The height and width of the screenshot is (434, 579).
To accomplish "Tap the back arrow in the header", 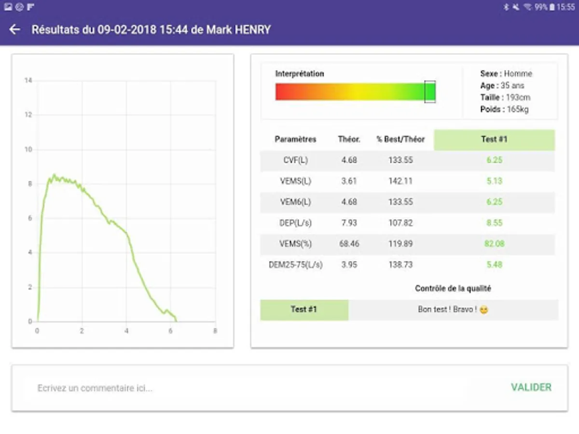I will coord(15,29).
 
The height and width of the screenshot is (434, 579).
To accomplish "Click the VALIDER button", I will coord(531,387).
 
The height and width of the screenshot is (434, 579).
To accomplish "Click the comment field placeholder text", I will coord(95,388).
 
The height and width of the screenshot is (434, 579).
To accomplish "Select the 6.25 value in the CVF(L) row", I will coord(494,160).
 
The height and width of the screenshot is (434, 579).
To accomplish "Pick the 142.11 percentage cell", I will coord(400,181).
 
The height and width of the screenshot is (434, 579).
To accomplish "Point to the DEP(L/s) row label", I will coord(295,223).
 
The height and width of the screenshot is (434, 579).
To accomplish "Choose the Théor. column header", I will coord(349,139).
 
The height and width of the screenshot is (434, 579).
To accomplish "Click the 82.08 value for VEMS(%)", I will coord(494,244).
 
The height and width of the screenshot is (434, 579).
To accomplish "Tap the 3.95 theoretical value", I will coord(349,265).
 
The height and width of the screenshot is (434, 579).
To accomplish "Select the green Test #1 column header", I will coord(494,139).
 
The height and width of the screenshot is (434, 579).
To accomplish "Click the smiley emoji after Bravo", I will coord(484,310).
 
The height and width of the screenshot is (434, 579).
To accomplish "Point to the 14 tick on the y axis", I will coord(28,81).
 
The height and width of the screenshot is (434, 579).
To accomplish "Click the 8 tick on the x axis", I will coord(215,331).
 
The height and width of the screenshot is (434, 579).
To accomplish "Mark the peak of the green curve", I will coord(54,175).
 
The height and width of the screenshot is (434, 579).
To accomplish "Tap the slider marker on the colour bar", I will coord(430,92).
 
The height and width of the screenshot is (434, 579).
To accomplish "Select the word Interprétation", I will coord(300,74).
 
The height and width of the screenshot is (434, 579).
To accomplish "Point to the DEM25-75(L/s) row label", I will coord(295,265).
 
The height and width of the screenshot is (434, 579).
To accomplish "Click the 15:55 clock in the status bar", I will coord(565,7).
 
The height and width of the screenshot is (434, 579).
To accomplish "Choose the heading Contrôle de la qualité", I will coord(453,288).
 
